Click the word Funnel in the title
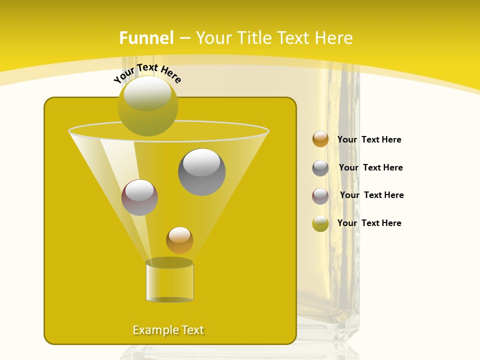(146, 38)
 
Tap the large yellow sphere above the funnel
(147, 106)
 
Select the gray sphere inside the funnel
(201, 172)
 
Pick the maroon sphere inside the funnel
(139, 197)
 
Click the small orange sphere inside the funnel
(179, 240)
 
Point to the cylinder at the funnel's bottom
(169, 282)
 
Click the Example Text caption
(168, 330)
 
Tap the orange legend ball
(320, 139)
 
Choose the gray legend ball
(320, 168)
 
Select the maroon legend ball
(320, 196)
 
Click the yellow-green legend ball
(320, 223)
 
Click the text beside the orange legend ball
(369, 139)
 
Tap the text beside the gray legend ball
(370, 167)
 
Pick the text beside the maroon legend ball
(371, 195)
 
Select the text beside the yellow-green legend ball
(369, 223)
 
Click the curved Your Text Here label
(147, 72)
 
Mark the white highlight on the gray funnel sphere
(201, 162)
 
